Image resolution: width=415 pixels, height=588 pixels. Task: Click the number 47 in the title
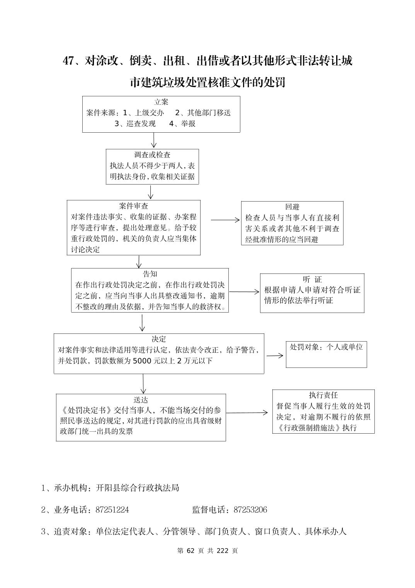(69, 61)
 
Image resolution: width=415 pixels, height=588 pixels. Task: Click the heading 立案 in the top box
(161, 102)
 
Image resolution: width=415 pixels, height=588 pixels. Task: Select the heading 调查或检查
(152, 155)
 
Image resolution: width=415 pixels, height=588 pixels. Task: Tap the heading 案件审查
(134, 206)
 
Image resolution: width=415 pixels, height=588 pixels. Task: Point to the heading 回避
(292, 207)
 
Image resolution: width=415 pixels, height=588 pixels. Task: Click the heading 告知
(150, 274)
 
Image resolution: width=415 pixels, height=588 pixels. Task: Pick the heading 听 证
(312, 279)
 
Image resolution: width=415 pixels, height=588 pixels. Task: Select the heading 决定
(159, 339)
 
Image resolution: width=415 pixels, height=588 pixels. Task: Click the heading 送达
(141, 400)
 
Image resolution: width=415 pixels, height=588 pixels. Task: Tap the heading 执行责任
(323, 395)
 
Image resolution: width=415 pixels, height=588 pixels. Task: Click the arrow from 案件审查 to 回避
(225, 220)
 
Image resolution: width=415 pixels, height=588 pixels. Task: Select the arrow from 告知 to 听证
(244, 292)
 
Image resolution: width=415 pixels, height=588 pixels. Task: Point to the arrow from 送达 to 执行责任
(247, 413)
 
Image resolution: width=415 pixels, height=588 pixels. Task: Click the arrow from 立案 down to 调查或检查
(154, 140)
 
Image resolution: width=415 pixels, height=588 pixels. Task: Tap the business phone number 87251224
(112, 510)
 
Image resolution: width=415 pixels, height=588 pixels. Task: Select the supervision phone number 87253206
(250, 510)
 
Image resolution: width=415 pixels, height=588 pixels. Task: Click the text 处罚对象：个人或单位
(326, 347)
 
